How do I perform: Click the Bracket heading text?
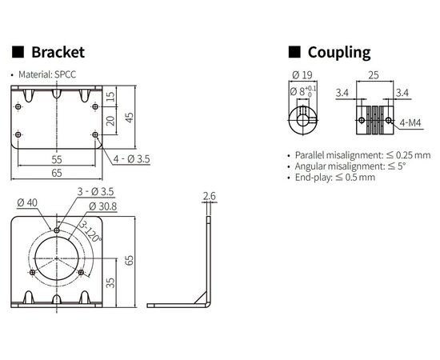coord(58,52)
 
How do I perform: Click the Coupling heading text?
coord(339,53)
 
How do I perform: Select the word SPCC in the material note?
coord(65,74)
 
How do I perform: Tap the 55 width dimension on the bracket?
coord(57,159)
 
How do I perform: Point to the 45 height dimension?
coord(130,118)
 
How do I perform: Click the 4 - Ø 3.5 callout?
coord(132,159)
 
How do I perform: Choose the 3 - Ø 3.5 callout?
coord(96,192)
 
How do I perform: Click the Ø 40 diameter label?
coord(27,202)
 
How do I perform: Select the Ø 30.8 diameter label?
coord(102,206)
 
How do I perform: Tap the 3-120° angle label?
coord(90,232)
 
